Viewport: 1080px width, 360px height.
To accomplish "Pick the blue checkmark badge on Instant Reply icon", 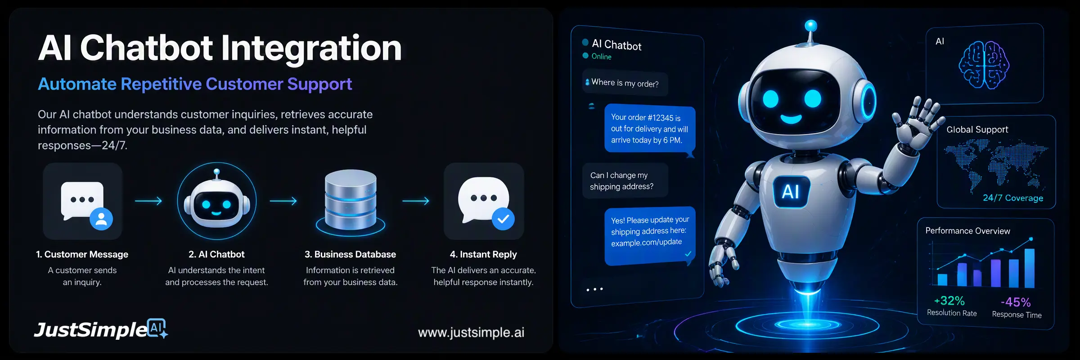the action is pos(503,219).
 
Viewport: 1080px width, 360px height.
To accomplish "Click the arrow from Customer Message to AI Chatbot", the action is pos(148,201).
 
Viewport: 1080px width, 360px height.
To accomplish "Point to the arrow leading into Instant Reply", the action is pos(416,201).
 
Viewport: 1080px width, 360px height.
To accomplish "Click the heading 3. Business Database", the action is pos(350,254).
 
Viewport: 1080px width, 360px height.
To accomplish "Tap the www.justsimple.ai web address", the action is pos(471,332).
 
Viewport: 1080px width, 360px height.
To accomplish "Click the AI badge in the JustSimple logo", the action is pos(157,328).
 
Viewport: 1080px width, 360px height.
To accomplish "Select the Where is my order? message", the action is pos(625,83).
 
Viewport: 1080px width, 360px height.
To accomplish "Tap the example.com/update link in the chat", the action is pos(646,243).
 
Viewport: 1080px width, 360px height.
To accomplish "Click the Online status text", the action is pos(602,57).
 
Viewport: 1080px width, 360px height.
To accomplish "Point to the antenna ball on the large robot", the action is pos(811,25).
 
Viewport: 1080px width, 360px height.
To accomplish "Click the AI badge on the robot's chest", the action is pos(792,191).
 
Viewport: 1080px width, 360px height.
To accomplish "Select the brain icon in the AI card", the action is pos(984,64).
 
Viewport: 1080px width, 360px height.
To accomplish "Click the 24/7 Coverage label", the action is pos(1013,198).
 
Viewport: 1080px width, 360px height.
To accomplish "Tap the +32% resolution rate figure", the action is pos(949,301).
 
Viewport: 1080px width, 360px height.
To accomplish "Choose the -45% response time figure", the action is pos(1016,302).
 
